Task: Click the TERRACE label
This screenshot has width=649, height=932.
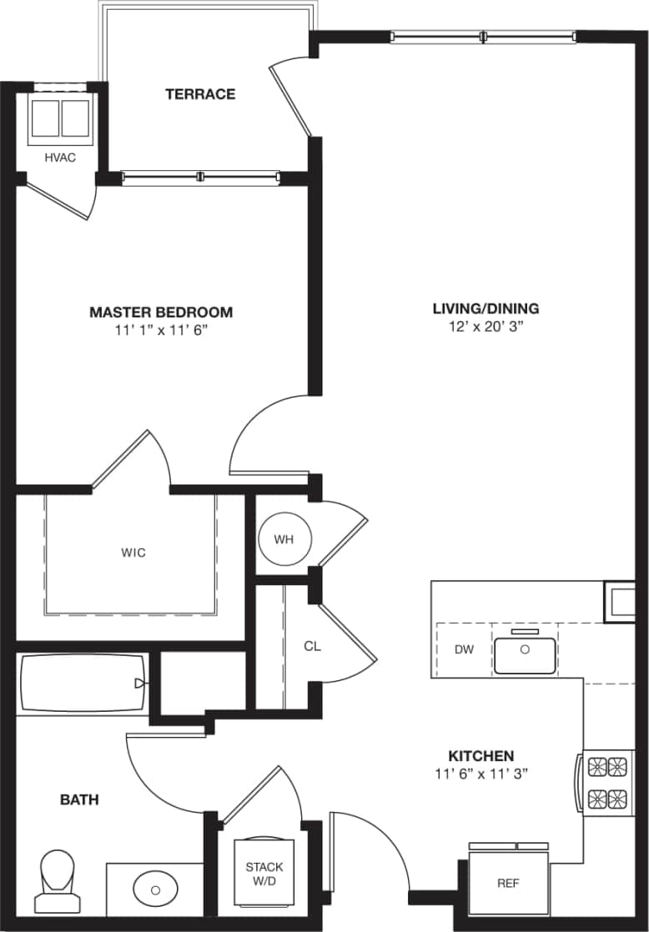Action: [x=200, y=94]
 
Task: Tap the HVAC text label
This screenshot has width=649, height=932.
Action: [x=60, y=158]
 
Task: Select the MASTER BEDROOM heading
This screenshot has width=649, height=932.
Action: [x=161, y=313]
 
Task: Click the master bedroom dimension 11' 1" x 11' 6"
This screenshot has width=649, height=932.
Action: [x=161, y=331]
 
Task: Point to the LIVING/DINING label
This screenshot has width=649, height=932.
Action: [x=485, y=308]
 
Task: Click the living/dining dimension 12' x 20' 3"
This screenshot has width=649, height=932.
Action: [x=485, y=327]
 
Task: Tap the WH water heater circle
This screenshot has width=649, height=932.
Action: [x=284, y=539]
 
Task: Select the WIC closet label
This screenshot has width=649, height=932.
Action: [x=133, y=553]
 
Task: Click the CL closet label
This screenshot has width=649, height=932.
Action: [x=312, y=646]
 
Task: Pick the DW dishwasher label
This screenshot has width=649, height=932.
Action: [x=464, y=650]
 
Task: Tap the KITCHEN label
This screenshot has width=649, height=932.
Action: [x=481, y=755]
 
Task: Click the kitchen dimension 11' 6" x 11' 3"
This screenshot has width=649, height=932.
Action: [x=481, y=774]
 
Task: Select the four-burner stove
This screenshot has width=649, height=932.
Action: [x=607, y=782]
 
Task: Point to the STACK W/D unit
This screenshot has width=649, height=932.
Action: [x=264, y=874]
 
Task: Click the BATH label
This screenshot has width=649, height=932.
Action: [x=79, y=800]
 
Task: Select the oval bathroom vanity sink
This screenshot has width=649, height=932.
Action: [x=155, y=889]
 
